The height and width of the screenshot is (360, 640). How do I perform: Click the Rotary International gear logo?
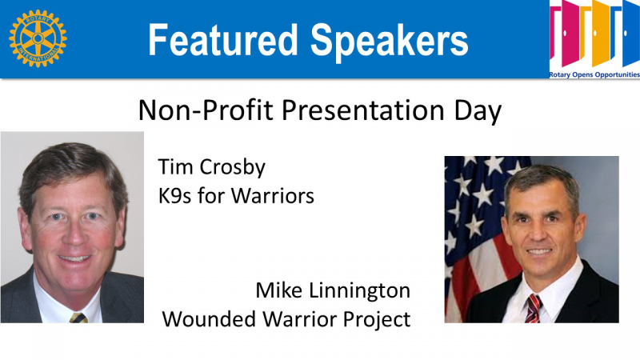click(x=38, y=38)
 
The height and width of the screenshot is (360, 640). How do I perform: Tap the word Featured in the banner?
click(x=223, y=40)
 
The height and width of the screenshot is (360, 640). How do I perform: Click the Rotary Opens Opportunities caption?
click(x=594, y=74)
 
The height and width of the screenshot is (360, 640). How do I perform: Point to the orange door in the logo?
click(x=601, y=33)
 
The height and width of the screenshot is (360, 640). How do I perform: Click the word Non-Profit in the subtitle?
click(x=206, y=110)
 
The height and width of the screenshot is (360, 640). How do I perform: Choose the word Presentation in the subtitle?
click(x=362, y=110)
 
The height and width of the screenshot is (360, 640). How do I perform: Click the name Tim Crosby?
click(x=211, y=167)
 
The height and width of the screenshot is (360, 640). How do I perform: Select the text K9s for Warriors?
click(x=236, y=195)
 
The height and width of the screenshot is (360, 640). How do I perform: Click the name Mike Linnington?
click(x=333, y=291)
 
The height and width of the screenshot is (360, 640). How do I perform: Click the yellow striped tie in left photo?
click(x=78, y=318)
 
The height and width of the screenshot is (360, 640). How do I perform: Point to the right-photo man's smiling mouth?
click(x=538, y=252)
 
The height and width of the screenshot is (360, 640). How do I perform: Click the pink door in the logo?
click(x=570, y=33)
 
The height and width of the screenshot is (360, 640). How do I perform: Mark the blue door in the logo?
click(x=631, y=34)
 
